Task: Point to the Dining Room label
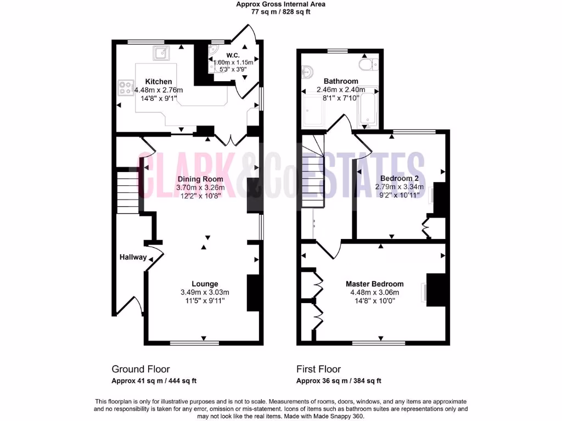pos(200,179)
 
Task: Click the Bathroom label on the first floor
pos(340,81)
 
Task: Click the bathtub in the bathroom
pos(367,107)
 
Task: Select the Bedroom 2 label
pos(399,179)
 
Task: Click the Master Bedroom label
pos(374,284)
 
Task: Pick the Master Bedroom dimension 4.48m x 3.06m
pos(374,292)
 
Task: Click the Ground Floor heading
pos(140,369)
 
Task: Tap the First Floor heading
pos(318,369)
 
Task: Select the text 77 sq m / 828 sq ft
pos(280,12)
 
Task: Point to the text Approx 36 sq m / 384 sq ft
pos(339,381)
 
